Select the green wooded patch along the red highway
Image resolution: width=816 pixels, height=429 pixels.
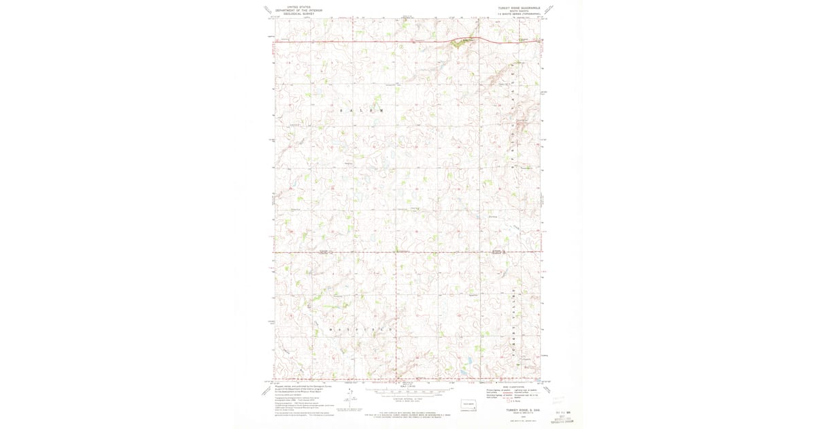coord(462,42)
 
